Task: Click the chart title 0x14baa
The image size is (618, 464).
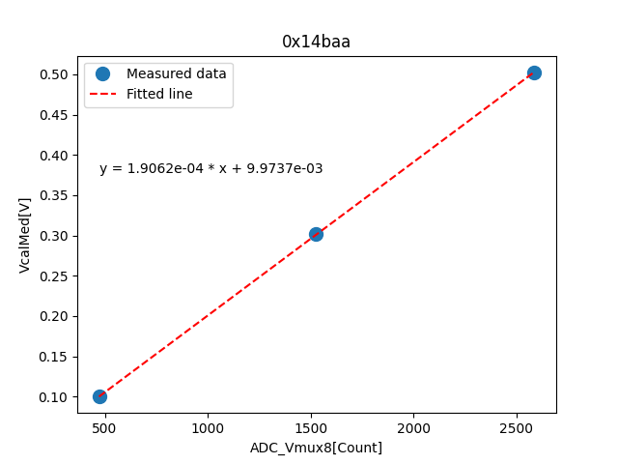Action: click(316, 42)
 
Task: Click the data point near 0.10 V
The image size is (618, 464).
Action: click(99, 396)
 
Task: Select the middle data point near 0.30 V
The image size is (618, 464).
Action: click(316, 234)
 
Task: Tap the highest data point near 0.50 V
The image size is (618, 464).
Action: click(534, 72)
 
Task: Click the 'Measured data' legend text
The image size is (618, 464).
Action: click(177, 73)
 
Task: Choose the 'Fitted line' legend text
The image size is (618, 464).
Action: click(159, 94)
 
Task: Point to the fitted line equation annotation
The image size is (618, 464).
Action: click(211, 168)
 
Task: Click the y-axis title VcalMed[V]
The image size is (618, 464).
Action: click(25, 235)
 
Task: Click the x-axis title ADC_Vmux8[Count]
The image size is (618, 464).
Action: click(316, 448)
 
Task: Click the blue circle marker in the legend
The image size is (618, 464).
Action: click(103, 73)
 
